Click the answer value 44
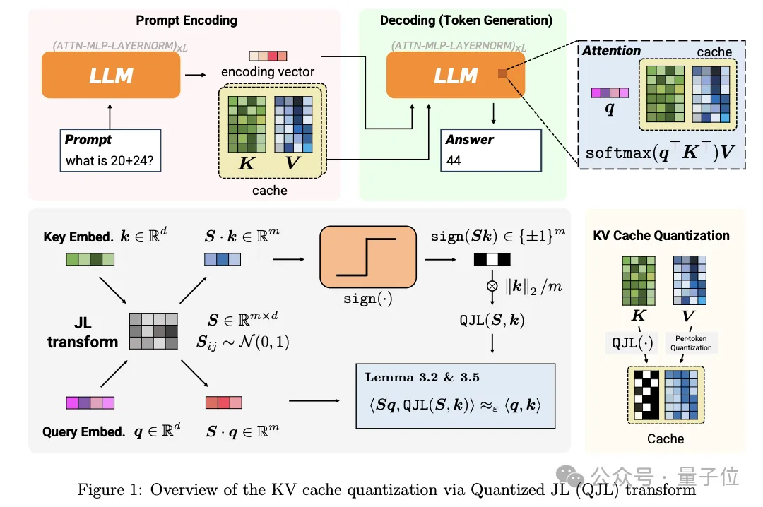coord(454,160)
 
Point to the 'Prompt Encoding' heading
coord(187,20)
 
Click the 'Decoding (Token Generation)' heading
coord(466,20)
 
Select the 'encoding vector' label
coord(268,71)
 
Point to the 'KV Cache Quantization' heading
coord(661,236)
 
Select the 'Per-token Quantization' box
coord(691,343)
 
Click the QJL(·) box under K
coord(632,344)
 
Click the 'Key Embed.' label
coord(78,237)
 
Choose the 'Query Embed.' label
coord(83,431)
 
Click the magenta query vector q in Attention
coord(608,93)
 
